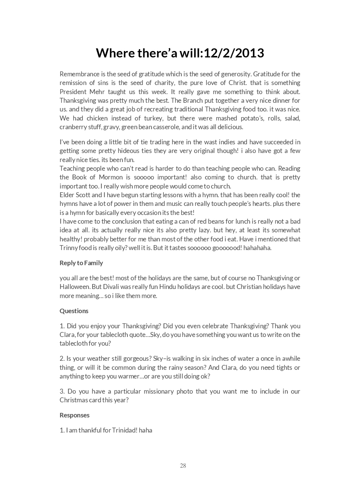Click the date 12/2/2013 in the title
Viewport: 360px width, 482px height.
click(x=234, y=53)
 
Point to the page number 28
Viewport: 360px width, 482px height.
click(x=183, y=465)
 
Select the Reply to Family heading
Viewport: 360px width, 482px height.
click(x=81, y=263)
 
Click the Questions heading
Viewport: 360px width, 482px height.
click(x=74, y=311)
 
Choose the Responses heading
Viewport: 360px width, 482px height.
click(x=74, y=415)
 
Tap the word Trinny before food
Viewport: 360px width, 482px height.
click(x=69, y=248)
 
